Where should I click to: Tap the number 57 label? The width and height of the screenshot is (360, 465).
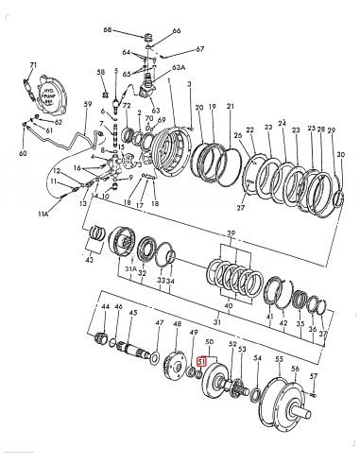(x=315, y=377)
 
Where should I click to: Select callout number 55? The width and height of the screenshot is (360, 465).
(x=278, y=361)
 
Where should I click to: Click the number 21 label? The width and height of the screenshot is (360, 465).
(x=230, y=108)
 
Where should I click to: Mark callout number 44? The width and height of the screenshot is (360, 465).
(x=106, y=308)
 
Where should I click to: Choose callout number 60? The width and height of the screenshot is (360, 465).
(x=24, y=151)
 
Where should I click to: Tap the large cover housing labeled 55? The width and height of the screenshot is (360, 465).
(x=283, y=403)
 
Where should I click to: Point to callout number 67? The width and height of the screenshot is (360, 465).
(x=199, y=48)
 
